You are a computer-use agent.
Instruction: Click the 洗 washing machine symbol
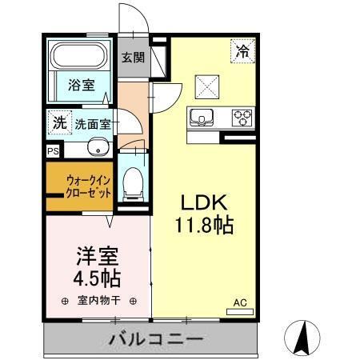tap(59, 122)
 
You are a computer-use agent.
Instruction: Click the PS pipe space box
tap(53, 150)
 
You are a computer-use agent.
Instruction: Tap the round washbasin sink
tap(98, 148)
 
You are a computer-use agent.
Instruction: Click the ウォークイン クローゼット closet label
tap(89, 186)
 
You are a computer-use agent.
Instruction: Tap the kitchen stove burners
tap(242, 118)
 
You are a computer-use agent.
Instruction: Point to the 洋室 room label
tap(97, 257)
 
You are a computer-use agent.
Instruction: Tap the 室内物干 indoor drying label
tap(98, 302)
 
